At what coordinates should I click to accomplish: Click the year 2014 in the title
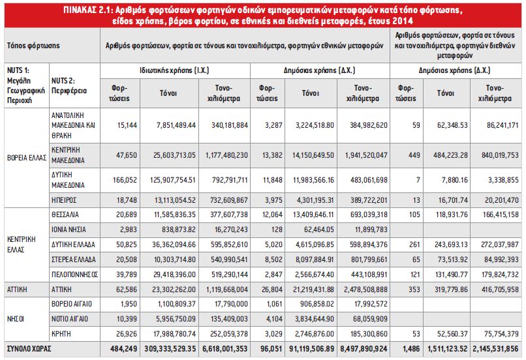[x=402, y=21]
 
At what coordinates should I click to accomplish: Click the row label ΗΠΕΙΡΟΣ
[x=64, y=200]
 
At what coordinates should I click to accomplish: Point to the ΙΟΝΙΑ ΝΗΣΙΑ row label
[x=69, y=230]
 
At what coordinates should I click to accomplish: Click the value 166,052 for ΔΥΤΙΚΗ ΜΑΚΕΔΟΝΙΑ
[x=125, y=180]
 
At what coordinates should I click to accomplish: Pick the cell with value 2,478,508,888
[x=365, y=290]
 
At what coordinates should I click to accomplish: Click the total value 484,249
[x=124, y=349]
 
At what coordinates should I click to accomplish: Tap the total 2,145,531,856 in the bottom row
[x=495, y=349]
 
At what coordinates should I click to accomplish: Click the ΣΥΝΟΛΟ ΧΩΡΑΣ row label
[x=29, y=349]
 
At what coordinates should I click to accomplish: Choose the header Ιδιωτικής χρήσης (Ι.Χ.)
[x=174, y=70]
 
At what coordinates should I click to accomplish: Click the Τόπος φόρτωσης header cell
[x=33, y=45]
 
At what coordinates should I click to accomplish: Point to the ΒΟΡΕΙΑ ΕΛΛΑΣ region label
[x=27, y=158]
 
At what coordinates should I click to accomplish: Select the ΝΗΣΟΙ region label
[x=16, y=319]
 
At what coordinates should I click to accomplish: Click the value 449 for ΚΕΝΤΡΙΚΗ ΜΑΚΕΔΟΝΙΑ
[x=414, y=155]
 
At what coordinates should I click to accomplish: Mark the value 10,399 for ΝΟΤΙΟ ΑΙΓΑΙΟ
[x=127, y=319]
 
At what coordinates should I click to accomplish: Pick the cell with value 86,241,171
[x=503, y=125]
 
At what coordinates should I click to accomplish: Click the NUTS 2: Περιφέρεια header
[x=69, y=85]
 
